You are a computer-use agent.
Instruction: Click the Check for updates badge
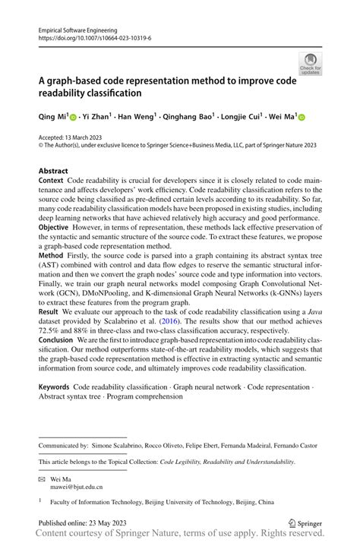coord(310,64)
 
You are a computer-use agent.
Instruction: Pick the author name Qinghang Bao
coord(188,118)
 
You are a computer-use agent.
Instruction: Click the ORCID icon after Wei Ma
coord(301,118)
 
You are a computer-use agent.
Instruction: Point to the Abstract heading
coord(53,172)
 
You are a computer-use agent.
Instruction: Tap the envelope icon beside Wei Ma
coord(43,480)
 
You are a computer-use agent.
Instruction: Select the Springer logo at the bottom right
coord(307,523)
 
